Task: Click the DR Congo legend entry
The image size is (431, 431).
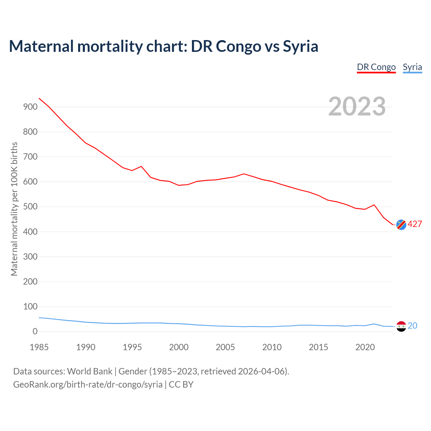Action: [x=376, y=67]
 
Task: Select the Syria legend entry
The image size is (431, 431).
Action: [x=412, y=67]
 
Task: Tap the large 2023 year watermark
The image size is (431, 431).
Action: [x=357, y=106]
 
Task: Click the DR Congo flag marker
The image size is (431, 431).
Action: [x=401, y=225]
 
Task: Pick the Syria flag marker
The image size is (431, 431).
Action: [x=401, y=326]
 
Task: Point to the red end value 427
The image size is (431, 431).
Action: [x=415, y=224]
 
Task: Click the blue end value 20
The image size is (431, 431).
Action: [x=412, y=326]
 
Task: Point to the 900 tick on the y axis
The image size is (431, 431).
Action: [x=30, y=107]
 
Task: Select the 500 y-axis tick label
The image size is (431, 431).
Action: [x=30, y=207]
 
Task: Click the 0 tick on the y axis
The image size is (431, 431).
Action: [x=35, y=332]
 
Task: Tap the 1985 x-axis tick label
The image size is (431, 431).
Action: [x=39, y=347]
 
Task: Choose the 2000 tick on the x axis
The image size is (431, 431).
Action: [x=179, y=347]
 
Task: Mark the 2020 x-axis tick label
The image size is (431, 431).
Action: [x=365, y=347]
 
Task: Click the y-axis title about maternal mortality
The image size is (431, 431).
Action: [x=14, y=209]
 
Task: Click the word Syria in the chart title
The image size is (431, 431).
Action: [x=300, y=46]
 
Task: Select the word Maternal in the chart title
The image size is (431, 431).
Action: [x=41, y=46]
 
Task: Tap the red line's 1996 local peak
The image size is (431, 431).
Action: [x=141, y=166]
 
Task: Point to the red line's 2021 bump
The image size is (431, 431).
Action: [x=374, y=205]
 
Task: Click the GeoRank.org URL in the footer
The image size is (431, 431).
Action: [x=88, y=385]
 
